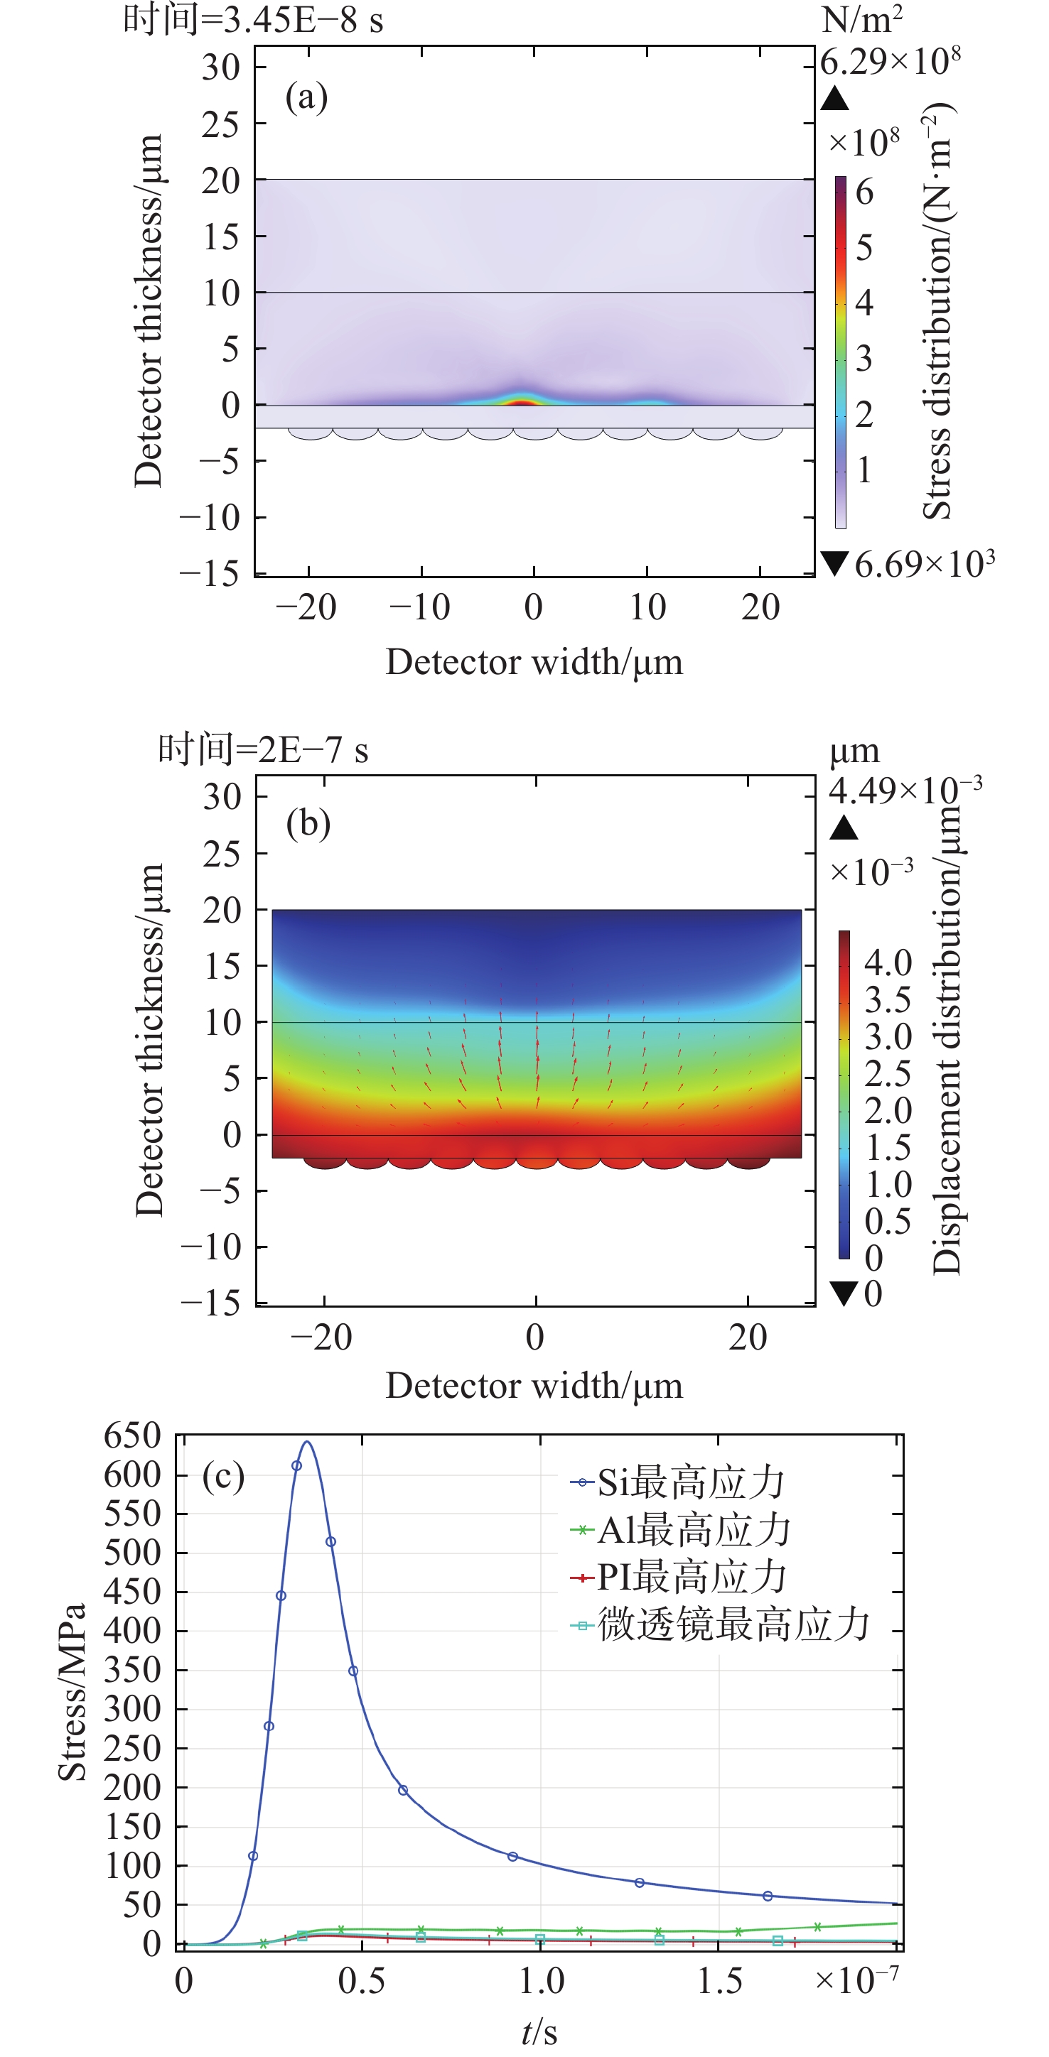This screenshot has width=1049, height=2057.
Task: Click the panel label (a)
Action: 307,97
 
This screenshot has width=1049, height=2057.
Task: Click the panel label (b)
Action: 308,823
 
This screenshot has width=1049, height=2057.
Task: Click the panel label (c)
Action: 223,1477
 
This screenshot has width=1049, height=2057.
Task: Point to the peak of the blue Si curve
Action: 307,1442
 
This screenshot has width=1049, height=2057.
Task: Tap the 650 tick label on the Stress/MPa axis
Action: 133,1436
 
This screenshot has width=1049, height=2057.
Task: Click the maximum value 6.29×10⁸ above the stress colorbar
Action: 890,62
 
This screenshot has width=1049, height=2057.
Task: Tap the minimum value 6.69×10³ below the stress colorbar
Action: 925,565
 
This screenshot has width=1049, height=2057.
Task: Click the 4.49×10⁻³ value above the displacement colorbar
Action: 905,790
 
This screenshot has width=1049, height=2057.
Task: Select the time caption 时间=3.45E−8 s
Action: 252,19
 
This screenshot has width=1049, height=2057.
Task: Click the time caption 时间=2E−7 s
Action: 263,749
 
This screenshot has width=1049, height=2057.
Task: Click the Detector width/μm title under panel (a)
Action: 534,662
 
